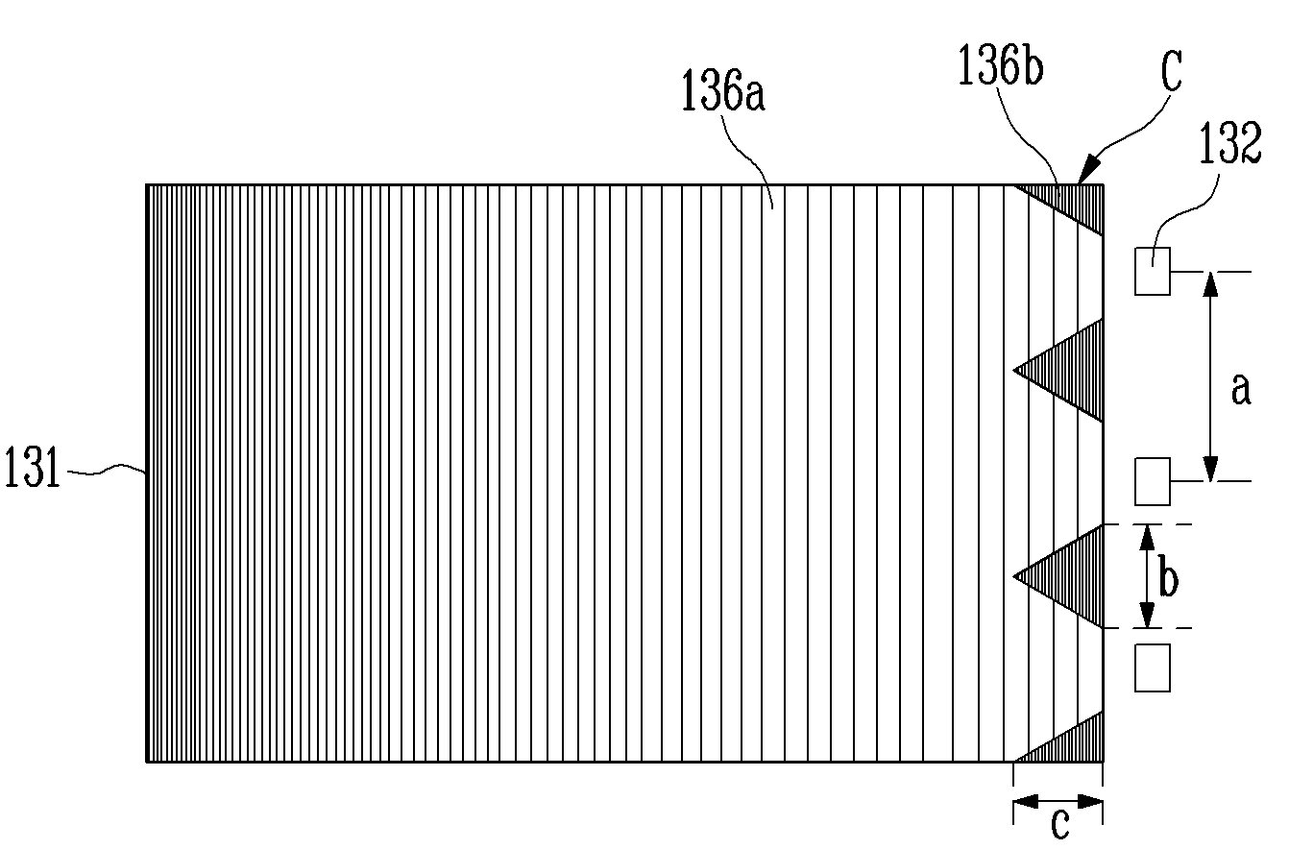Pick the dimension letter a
1241,389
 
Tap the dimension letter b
1168,581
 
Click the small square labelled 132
1153,271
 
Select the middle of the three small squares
1153,481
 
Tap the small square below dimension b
1153,667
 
